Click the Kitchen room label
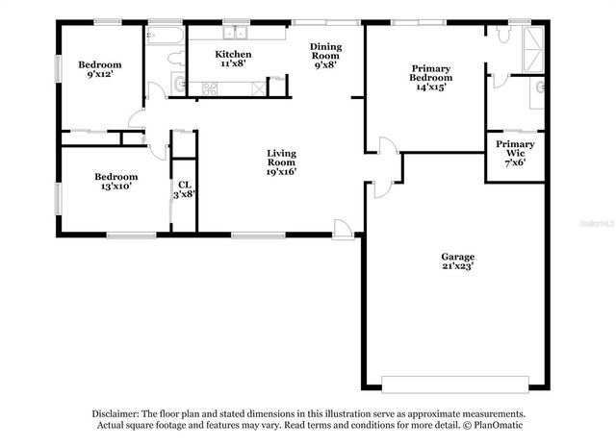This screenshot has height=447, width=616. click(x=233, y=60)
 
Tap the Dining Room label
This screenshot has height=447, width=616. click(x=325, y=57)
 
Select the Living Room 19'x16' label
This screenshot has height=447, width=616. click(x=281, y=162)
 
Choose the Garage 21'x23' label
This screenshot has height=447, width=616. click(x=458, y=262)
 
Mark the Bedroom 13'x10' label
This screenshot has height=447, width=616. click(x=115, y=182)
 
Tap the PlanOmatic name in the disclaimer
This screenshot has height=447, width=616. click(x=495, y=425)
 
